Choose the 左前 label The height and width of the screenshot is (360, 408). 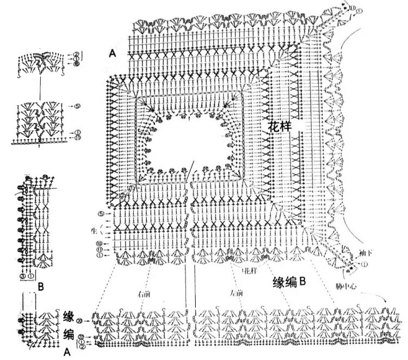[x=236, y=294]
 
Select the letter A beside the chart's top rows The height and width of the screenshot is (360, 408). [x=112, y=53]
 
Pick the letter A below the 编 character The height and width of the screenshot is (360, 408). [x=67, y=352]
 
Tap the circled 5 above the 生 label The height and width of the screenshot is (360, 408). [x=101, y=213]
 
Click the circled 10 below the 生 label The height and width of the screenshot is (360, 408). [x=100, y=243]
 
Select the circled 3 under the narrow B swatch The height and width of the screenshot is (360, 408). [x=23, y=276]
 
